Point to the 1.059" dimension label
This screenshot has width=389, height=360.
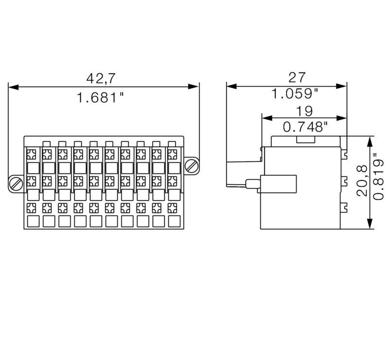click(295, 93)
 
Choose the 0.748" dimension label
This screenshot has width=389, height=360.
click(305, 127)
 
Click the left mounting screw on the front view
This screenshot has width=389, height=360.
click(16, 184)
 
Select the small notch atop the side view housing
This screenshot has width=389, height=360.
click(304, 140)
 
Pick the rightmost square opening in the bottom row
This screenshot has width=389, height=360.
click(173, 222)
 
